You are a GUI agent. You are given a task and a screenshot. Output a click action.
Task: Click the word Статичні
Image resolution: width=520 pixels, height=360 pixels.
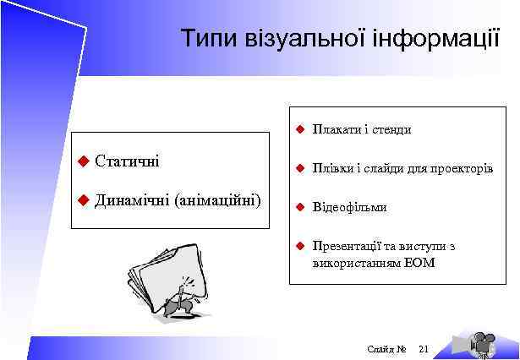click(x=128, y=160)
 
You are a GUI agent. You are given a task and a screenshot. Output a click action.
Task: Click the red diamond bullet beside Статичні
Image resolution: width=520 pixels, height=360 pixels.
click(x=82, y=161)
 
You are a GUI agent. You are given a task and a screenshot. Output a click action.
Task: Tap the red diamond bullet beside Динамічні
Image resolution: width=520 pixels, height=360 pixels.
click(x=82, y=200)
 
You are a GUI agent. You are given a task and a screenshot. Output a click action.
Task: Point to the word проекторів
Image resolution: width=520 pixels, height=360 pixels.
click(x=462, y=168)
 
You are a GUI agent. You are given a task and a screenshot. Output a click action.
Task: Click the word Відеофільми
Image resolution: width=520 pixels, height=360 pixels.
click(x=349, y=207)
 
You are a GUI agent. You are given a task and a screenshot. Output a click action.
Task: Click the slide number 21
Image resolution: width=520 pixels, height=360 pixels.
click(x=424, y=348)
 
